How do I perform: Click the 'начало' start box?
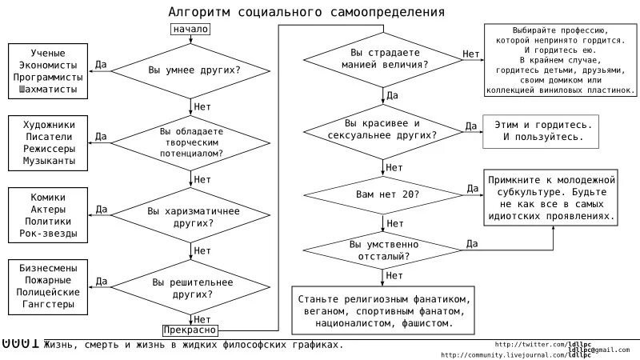[190, 30]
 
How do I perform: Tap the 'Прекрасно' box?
[190, 329]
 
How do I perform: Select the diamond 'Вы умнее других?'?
[191, 70]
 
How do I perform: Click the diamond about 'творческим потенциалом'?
[191, 142]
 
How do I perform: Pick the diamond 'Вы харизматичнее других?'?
[191, 217]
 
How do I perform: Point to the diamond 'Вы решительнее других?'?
[191, 288]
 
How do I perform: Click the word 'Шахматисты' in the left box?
[49, 90]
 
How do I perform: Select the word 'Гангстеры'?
[49, 305]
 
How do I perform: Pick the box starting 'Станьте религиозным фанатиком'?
[380, 310]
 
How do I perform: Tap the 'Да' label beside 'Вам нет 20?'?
[472, 187]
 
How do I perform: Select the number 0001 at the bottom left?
[20, 344]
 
